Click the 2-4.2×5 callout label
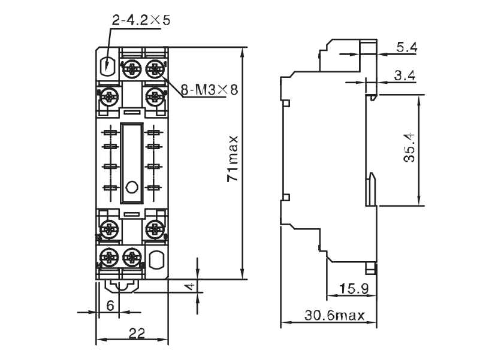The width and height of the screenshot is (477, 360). (141, 20)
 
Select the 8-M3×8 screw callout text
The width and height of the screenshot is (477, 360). (209, 90)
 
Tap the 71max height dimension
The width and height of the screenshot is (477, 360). (233, 158)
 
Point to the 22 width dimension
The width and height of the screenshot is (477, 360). (137, 334)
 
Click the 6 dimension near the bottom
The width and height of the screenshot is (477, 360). (110, 305)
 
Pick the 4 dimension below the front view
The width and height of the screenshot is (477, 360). (190, 286)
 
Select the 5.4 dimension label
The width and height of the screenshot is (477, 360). (407, 47)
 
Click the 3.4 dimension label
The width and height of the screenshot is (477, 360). (405, 75)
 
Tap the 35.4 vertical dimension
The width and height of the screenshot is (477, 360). (409, 147)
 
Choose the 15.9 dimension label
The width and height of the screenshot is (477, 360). (354, 288)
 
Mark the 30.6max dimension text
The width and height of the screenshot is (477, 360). (334, 315)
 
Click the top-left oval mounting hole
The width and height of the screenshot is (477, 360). (107, 66)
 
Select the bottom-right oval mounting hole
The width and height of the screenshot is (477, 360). (156, 259)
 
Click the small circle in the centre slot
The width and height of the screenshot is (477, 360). (132, 187)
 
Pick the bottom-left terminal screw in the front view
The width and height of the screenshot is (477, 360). (108, 257)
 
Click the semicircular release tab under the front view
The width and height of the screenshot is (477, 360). (121, 287)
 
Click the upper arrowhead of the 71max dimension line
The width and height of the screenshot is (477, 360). (242, 52)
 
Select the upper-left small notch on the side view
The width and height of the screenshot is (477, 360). (286, 103)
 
